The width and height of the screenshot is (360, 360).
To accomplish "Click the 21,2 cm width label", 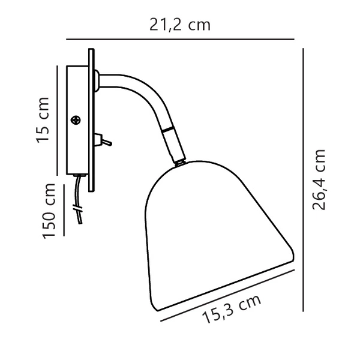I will click(x=180, y=25).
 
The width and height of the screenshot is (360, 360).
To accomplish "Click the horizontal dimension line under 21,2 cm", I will click(x=180, y=39).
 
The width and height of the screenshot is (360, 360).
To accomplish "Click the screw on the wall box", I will click(x=76, y=120).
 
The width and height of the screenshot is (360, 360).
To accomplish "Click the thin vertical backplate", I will click(x=91, y=120).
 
